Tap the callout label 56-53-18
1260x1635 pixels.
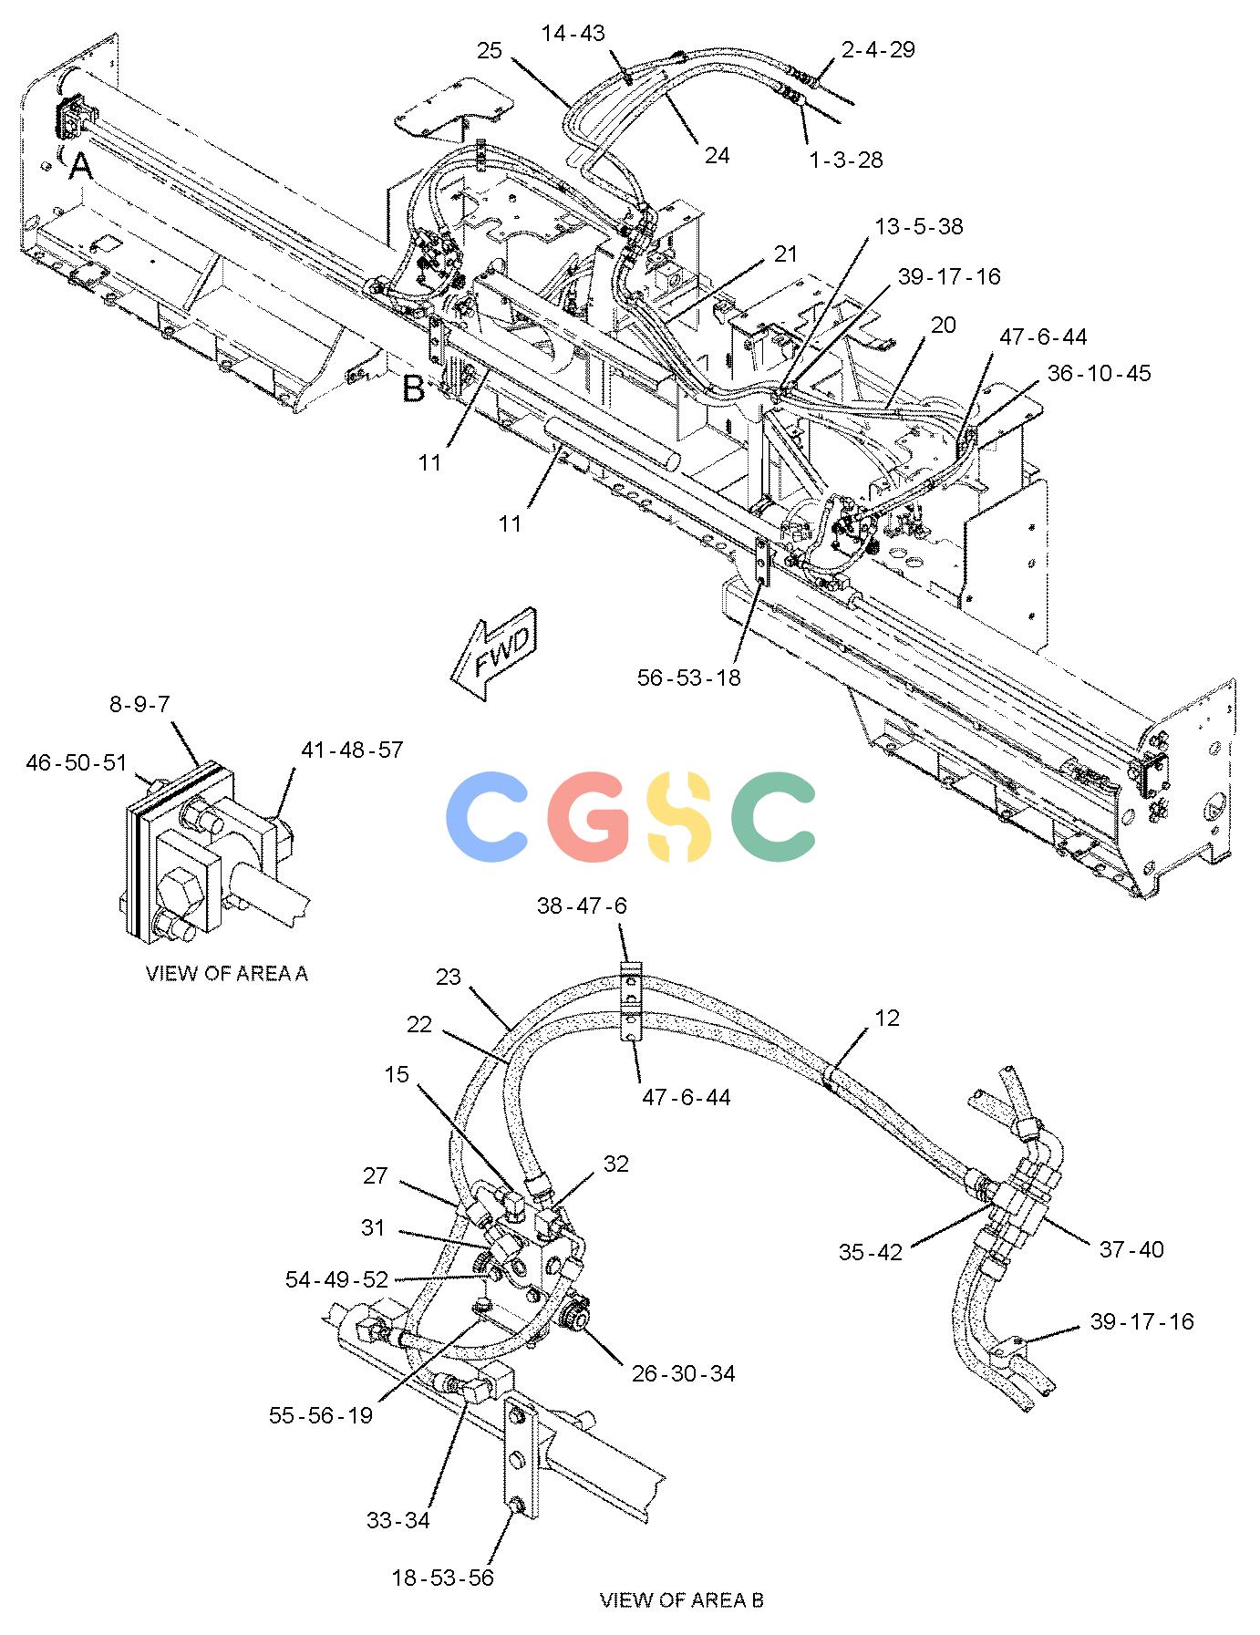[x=689, y=678]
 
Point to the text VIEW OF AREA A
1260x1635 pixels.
[x=227, y=974]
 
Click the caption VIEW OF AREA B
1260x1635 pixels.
[x=682, y=1599]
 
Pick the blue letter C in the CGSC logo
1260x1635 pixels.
[x=489, y=816]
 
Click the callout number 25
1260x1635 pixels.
[x=490, y=50]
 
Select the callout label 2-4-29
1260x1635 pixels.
[x=878, y=49]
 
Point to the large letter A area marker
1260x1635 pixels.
[x=81, y=167]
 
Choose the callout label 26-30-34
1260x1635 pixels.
[x=683, y=1372]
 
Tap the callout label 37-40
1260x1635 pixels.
[x=1131, y=1248]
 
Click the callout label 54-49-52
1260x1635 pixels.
[x=337, y=1279]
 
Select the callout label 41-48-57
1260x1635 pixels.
[x=352, y=750]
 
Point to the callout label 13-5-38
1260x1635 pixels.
[x=919, y=226]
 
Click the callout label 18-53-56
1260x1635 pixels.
[x=442, y=1578]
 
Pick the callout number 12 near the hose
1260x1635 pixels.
[x=887, y=1018]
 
